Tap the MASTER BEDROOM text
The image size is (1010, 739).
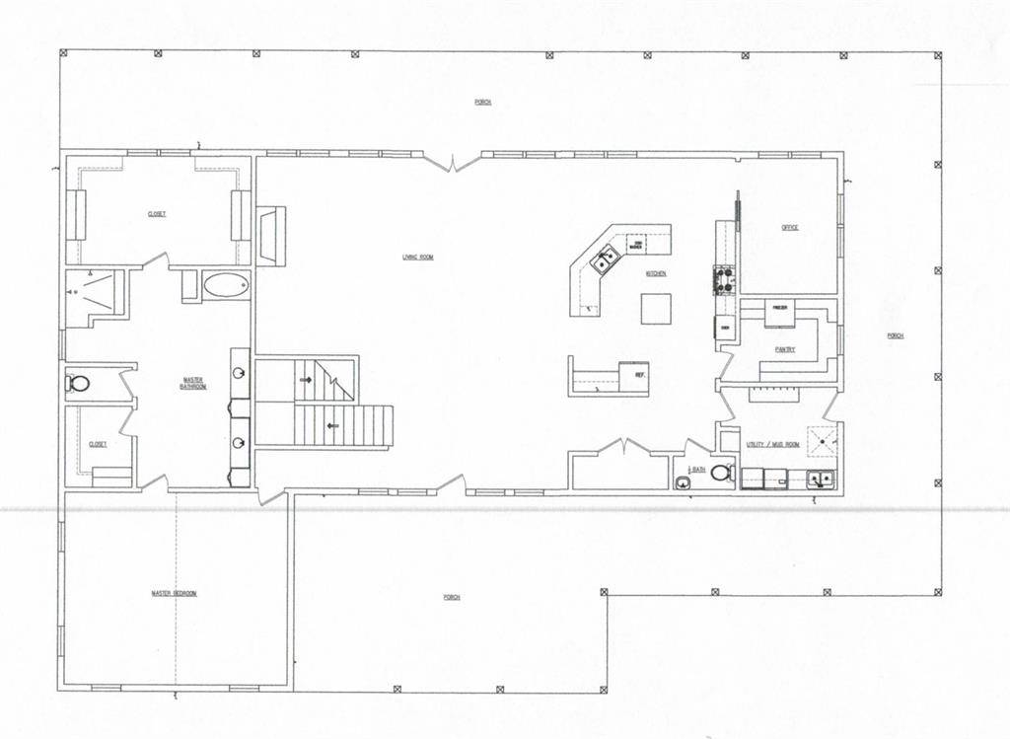174,593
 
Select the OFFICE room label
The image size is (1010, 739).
790,227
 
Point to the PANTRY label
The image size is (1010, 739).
785,349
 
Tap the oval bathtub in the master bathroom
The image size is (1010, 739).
226,287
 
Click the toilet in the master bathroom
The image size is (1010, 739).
75,382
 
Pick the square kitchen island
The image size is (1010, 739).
656,309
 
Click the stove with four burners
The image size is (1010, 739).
724,281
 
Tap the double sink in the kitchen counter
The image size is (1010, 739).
605,259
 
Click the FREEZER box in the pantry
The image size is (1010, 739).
778,310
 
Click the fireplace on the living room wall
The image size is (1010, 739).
269,235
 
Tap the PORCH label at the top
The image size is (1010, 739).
482,102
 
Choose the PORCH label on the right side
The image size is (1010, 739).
895,335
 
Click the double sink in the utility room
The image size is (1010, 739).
820,480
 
